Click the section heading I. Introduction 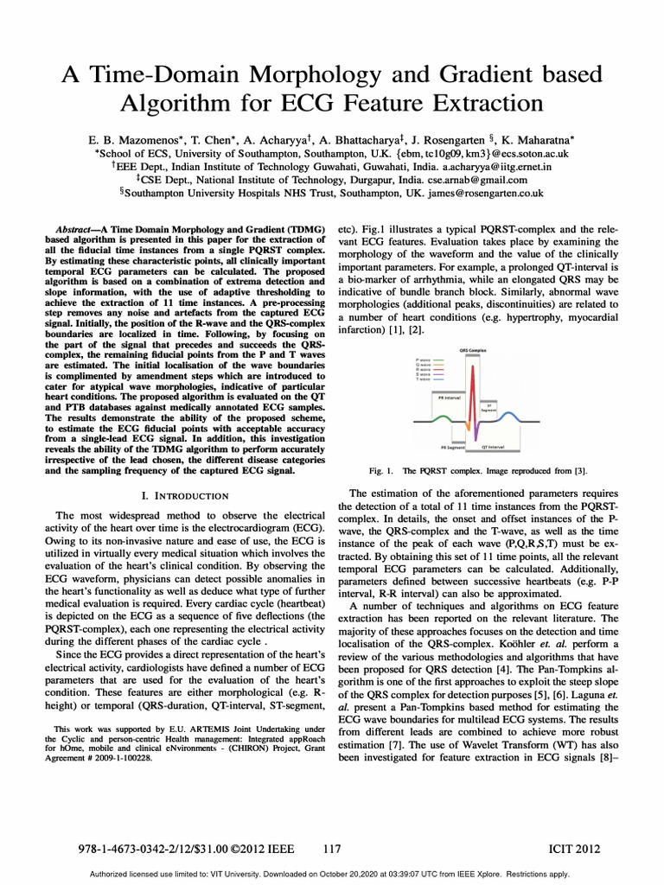tap(184, 496)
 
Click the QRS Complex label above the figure tap(474, 351)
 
